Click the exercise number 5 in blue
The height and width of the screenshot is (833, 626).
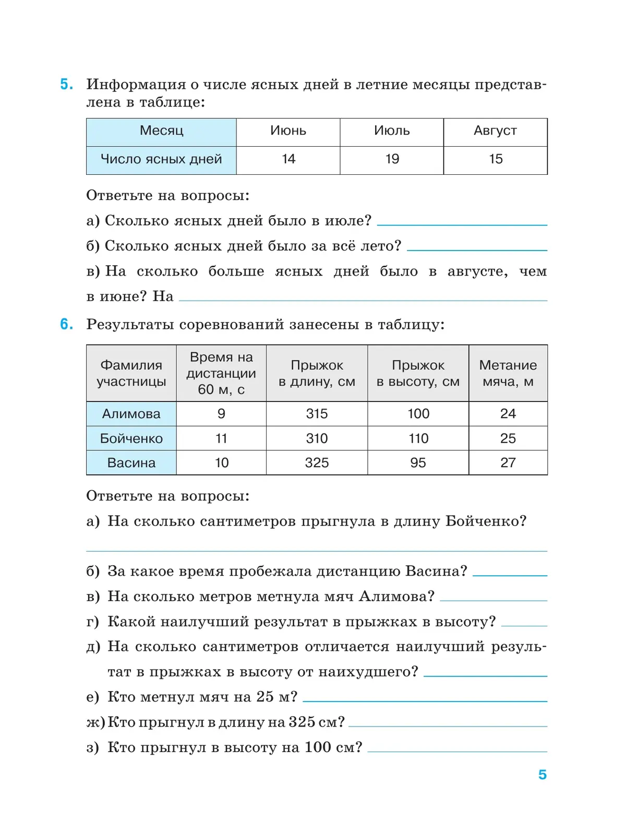66,85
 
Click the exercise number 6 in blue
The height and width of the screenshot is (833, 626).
66,324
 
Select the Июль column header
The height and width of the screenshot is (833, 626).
392,131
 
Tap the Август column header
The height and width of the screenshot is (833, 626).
495,131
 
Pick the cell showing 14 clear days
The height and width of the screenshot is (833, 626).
288,159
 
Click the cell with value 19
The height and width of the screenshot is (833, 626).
392,159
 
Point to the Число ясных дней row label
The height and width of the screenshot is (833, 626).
161,159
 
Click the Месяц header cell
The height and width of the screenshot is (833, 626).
161,131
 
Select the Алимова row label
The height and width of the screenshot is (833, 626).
131,414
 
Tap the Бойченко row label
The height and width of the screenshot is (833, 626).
131,438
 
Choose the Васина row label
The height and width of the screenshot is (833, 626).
131,463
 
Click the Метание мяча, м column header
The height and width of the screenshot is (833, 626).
508,373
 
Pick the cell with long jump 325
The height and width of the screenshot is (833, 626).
317,463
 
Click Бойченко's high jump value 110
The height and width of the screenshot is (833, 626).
418,438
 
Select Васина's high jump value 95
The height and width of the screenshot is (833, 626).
418,463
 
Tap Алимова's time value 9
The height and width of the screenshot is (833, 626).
221,414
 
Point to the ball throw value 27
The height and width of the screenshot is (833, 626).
508,463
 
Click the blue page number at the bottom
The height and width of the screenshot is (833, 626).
543,775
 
